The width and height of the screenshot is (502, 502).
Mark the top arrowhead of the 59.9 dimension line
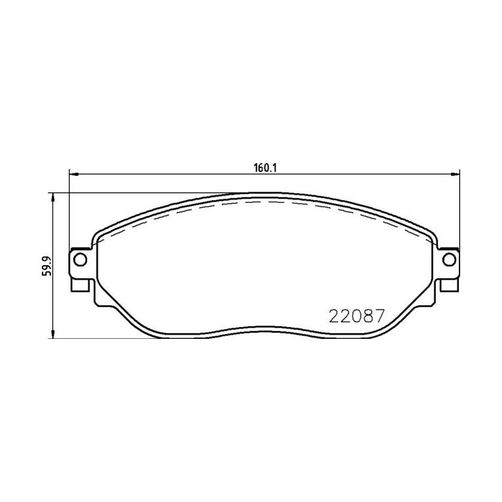tap(54, 196)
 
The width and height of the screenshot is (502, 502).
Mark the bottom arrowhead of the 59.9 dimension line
tap(54, 337)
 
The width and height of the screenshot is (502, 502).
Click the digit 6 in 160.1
tap(259, 168)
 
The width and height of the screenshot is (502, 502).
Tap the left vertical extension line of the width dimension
tap(69, 209)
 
